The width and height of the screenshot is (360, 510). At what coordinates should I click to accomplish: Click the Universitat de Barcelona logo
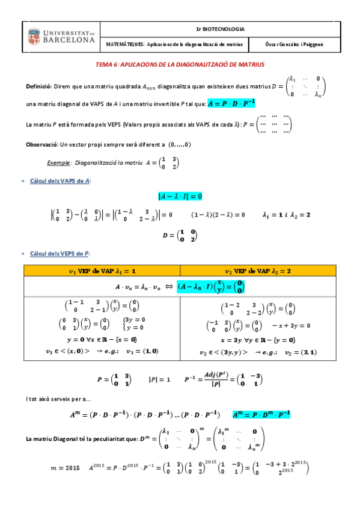[x=61, y=36]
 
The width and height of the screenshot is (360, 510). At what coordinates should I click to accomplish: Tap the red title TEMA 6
[x=180, y=64]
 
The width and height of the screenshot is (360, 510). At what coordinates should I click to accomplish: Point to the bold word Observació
[x=41, y=144]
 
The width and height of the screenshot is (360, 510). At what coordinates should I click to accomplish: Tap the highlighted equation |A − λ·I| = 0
[x=180, y=196]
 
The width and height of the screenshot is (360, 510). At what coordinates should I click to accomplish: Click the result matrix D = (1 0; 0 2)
[x=180, y=236]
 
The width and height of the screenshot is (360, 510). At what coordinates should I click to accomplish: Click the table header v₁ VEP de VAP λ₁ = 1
[x=102, y=271]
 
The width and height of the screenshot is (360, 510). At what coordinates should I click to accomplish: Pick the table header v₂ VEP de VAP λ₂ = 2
[x=257, y=271]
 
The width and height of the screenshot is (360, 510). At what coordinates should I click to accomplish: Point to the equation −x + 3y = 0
[x=292, y=325]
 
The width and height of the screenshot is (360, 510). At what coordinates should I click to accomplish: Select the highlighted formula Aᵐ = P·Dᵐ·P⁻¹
[x=261, y=414]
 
